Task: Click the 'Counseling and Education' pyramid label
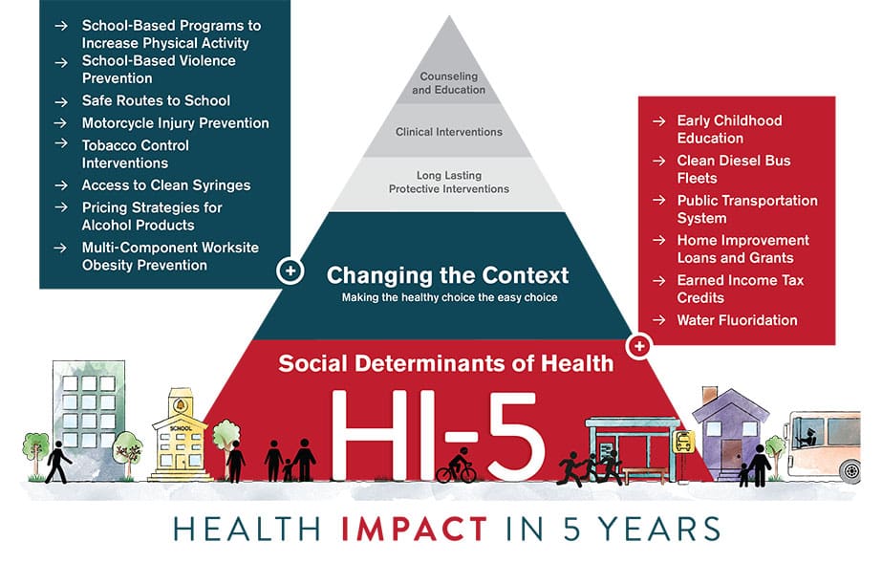[x=448, y=83]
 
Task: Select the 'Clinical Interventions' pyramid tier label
[x=448, y=132]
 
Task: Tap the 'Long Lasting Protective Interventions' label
[x=448, y=183]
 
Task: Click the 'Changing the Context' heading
[x=447, y=276]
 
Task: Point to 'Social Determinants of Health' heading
[x=446, y=363]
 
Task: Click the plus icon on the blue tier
[x=290, y=271]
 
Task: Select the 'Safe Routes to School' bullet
[x=156, y=100]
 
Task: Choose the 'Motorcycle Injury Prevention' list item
[x=175, y=123]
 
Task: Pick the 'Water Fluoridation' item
[x=737, y=320]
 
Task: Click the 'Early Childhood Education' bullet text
[x=729, y=129]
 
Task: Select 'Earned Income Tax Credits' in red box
[x=740, y=289]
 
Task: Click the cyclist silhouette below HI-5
[x=456, y=467]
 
